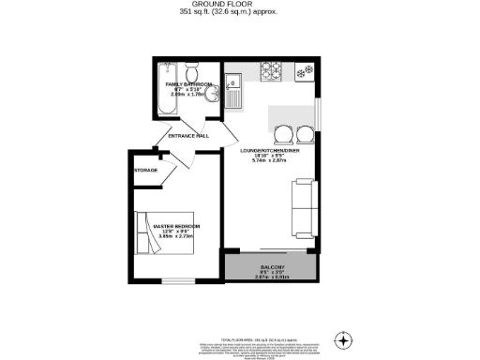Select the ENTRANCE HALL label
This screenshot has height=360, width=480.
187,136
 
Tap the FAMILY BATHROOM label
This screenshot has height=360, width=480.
187,84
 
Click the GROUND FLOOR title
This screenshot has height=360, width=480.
239,4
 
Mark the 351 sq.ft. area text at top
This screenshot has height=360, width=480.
239,12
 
